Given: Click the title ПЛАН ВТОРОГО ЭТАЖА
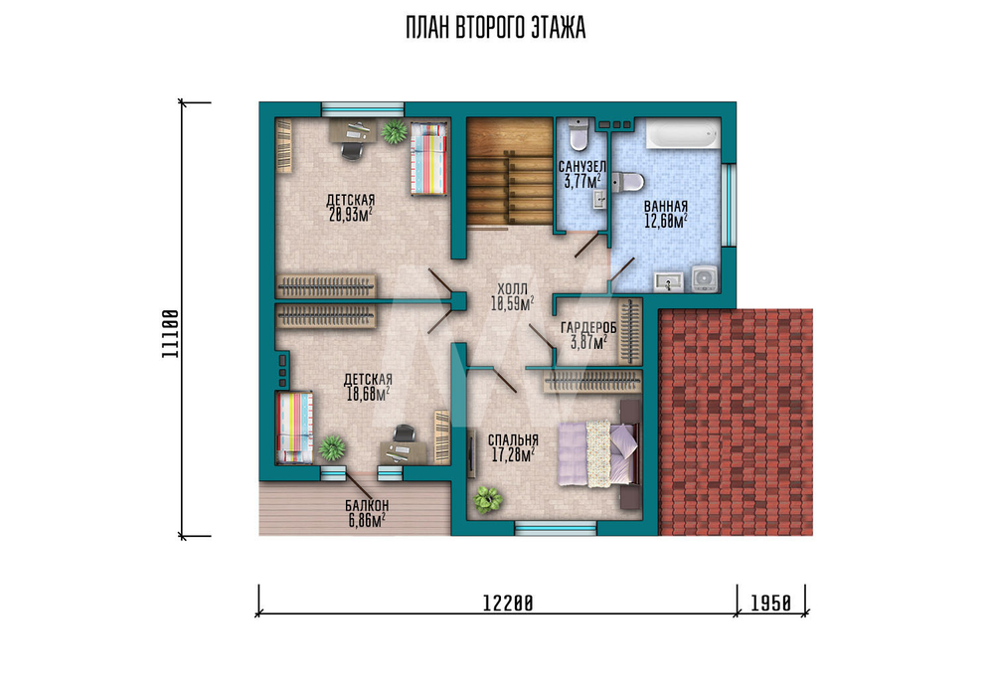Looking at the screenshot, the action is [x=495, y=28].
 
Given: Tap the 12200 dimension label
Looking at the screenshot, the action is [x=508, y=603].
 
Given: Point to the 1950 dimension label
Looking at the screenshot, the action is [x=771, y=603].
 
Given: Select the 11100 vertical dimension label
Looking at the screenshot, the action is [x=170, y=333].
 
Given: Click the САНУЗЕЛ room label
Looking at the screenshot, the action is [x=581, y=167].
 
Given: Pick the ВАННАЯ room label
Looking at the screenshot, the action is [x=666, y=207].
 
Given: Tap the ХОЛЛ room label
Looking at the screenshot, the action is [x=512, y=289].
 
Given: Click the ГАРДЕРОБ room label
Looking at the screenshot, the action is [x=588, y=328].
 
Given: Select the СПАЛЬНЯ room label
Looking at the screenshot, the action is [x=513, y=440].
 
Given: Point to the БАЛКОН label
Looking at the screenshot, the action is [x=367, y=506].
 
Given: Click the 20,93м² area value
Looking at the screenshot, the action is [x=350, y=215].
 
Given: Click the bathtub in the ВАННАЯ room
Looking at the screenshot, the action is [x=683, y=134].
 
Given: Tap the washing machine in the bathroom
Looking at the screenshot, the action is [x=704, y=278].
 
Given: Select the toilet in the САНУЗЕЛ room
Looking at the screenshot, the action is [x=579, y=134].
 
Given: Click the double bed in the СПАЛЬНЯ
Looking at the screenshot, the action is [x=598, y=454].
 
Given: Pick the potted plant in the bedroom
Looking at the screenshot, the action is [x=487, y=499].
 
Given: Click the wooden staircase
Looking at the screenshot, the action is [x=510, y=172].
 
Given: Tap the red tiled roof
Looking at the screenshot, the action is [x=736, y=423].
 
